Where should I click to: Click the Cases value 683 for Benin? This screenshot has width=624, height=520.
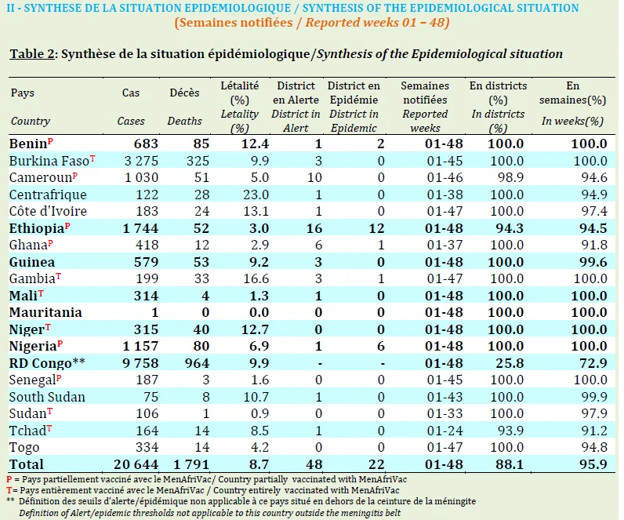[x=146, y=144]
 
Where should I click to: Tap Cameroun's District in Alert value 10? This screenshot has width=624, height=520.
[x=314, y=177]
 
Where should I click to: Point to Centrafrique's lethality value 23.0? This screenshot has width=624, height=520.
[x=256, y=195]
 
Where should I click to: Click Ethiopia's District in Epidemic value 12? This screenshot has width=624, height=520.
[x=376, y=228]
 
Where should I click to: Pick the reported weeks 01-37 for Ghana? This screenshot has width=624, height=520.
[x=445, y=245]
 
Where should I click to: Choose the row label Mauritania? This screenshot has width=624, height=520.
[x=45, y=313]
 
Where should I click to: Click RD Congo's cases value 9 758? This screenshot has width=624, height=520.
[x=140, y=363]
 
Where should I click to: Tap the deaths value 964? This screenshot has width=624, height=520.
[x=197, y=363]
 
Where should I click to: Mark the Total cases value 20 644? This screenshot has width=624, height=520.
[x=136, y=464]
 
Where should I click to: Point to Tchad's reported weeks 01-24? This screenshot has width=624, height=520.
[x=445, y=431]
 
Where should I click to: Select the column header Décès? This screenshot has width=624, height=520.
[x=185, y=93]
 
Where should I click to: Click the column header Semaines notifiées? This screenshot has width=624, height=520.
[x=425, y=93]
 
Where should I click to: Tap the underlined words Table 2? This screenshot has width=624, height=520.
[x=32, y=54]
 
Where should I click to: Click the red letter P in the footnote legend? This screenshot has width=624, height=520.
[x=9, y=479]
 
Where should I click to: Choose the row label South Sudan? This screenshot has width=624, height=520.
[x=47, y=397]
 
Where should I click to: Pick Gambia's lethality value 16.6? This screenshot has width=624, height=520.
[x=256, y=278]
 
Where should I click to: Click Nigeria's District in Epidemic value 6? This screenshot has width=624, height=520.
[x=381, y=347]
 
